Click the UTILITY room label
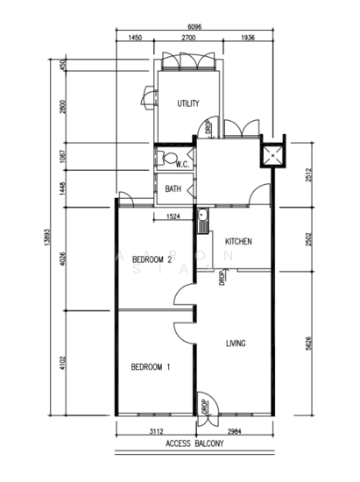click(188, 103)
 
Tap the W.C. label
click(182, 165)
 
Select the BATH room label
click(173, 188)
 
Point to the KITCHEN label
click(238, 241)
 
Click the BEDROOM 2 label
click(152, 259)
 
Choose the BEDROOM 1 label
click(151, 367)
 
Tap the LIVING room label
click(236, 344)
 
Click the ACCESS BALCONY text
click(194, 443)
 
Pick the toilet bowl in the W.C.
click(168, 159)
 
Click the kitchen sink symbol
click(202, 221)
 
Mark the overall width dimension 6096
click(194, 27)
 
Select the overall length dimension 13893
click(47, 237)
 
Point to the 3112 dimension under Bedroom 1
click(156, 431)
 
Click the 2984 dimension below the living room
click(235, 431)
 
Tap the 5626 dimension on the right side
click(308, 344)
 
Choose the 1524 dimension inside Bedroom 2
click(173, 216)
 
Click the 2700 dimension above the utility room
click(188, 38)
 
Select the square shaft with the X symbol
click(273, 155)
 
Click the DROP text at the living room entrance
click(205, 407)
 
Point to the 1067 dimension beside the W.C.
click(63, 156)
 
